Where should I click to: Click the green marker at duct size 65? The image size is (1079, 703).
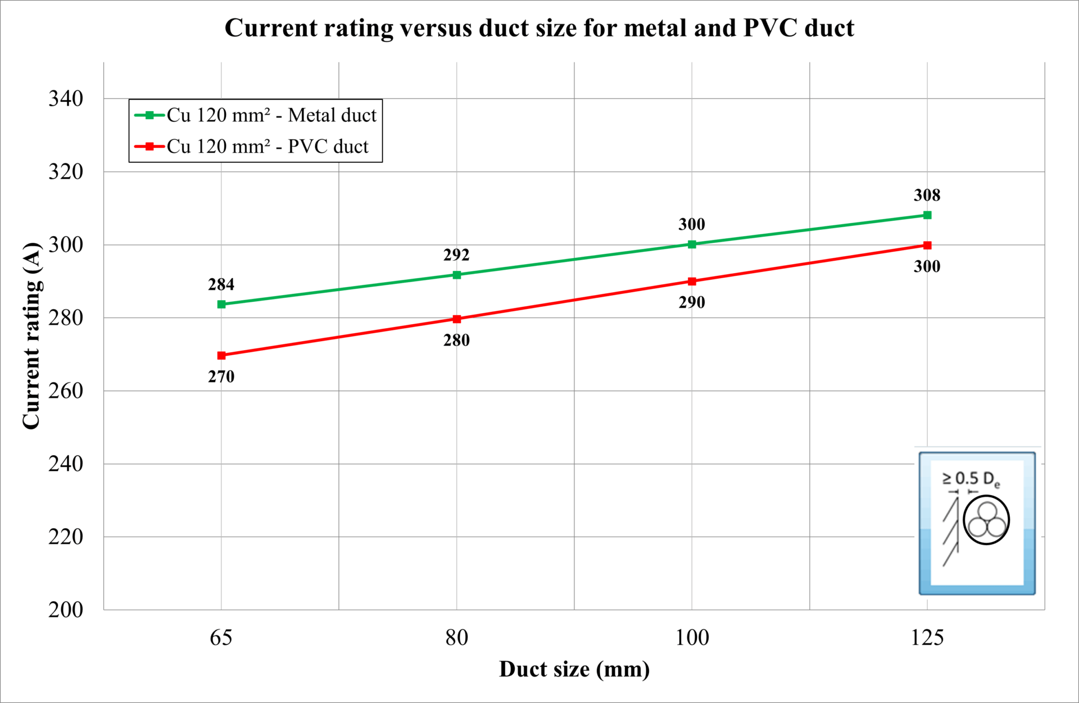[221, 304]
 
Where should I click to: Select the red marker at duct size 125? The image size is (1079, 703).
[927, 245]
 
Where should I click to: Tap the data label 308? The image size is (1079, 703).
[927, 195]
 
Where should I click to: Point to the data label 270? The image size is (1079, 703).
[221, 377]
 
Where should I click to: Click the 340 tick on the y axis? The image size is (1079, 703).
[66, 98]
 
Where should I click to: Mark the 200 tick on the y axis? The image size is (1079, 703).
[66, 610]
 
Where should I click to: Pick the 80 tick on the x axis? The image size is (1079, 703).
[456, 638]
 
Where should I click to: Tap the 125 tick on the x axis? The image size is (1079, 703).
[927, 638]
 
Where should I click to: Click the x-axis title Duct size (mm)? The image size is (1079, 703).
[574, 669]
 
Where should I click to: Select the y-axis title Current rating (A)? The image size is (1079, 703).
[31, 336]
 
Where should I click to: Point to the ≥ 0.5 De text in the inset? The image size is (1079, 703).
[971, 479]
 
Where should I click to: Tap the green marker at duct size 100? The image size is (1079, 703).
[692, 244]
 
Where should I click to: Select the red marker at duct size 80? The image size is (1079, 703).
[457, 319]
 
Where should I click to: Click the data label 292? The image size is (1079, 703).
[456, 255]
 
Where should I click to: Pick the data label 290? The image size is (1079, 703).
[692, 302]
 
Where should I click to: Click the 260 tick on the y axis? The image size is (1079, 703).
[66, 391]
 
